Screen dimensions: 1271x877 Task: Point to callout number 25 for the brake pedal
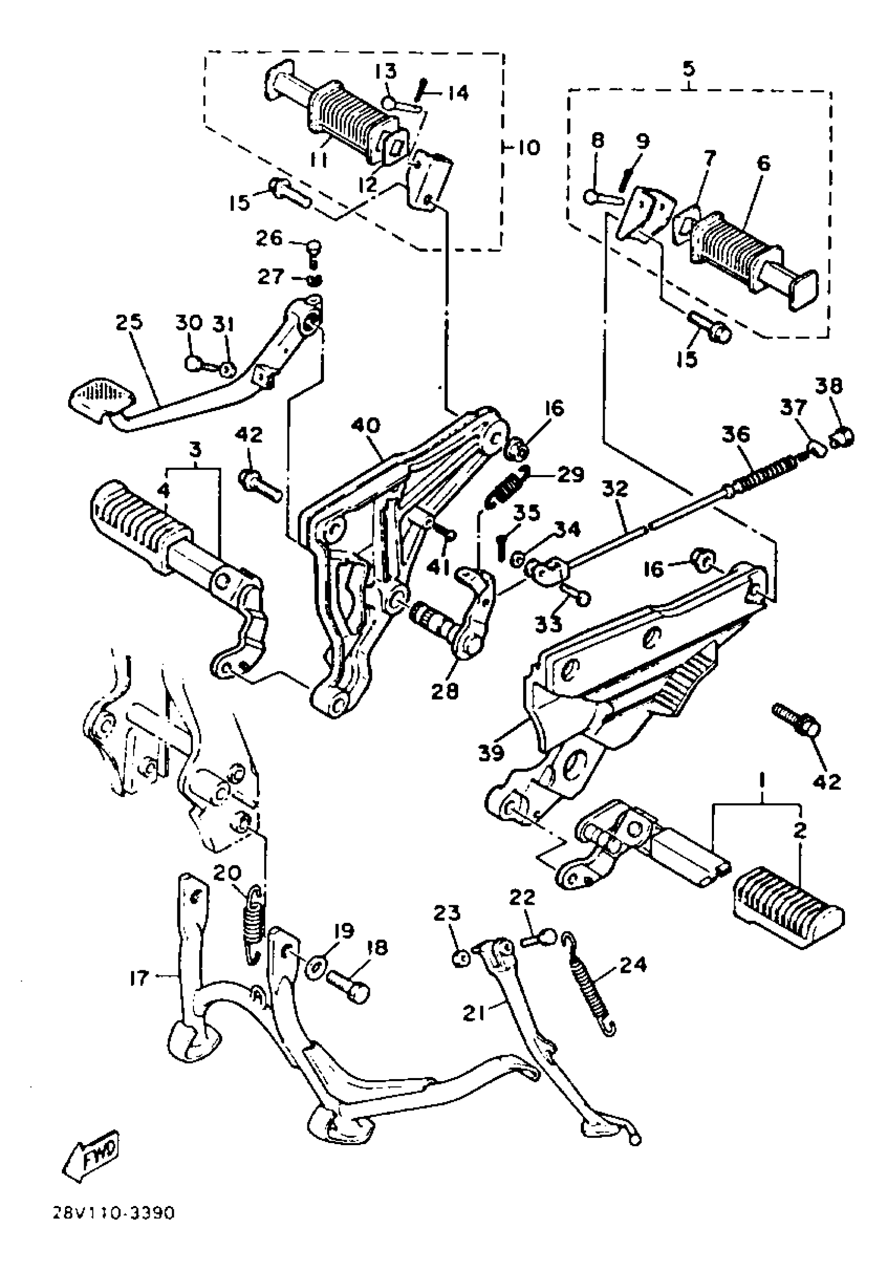click(128, 322)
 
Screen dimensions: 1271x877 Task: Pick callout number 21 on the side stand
click(474, 1012)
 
